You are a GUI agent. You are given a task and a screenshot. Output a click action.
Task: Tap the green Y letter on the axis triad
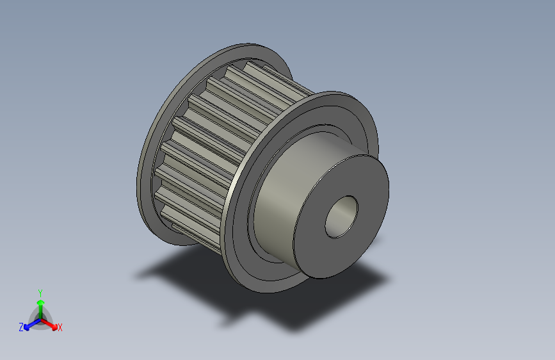(x=40, y=292)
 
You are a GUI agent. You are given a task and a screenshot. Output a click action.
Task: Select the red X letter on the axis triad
(x=60, y=327)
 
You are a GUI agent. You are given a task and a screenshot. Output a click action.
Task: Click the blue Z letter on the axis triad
(x=21, y=327)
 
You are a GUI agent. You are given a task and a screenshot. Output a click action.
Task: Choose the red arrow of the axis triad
(x=51, y=323)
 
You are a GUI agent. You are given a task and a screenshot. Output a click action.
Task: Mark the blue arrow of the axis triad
(x=29, y=324)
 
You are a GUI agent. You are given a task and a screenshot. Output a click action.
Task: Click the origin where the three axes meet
(x=40, y=318)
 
